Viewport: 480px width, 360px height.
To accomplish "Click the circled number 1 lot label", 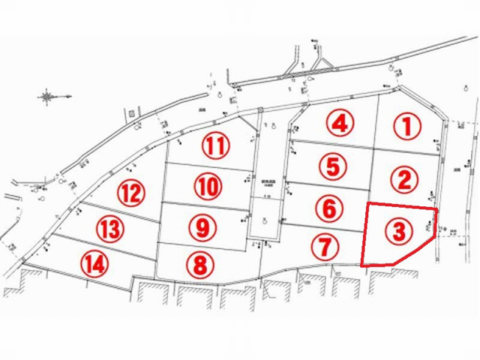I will tap(406, 127).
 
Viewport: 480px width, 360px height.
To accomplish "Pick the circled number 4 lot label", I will tap(339, 123).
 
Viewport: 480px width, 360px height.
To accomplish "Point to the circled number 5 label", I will tap(333, 166).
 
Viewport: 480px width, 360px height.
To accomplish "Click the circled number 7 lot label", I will tap(324, 247).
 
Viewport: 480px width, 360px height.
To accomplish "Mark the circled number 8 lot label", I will tap(200, 263).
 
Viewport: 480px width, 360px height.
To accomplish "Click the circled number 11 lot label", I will tap(215, 146).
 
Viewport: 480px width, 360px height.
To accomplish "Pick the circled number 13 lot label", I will tap(109, 229).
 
